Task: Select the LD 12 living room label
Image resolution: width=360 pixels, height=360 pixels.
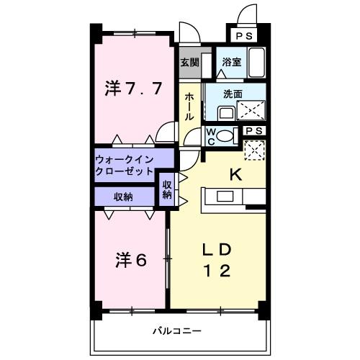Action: pos(215,260)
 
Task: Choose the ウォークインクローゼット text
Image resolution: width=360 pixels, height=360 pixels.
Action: pos(125,166)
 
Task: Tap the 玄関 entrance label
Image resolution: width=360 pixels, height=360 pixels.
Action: pos(189,61)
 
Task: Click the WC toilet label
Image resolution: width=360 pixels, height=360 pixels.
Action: pos(212,135)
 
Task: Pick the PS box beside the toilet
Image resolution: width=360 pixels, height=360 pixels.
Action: pos(253,130)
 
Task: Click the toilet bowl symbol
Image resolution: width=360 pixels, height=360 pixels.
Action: pos(225,135)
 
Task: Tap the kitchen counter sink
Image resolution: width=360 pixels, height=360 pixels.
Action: pos(222,197)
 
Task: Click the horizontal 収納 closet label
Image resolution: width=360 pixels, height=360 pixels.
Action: pos(122,196)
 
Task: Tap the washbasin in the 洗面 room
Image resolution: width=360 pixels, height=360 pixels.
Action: pos(225,112)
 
